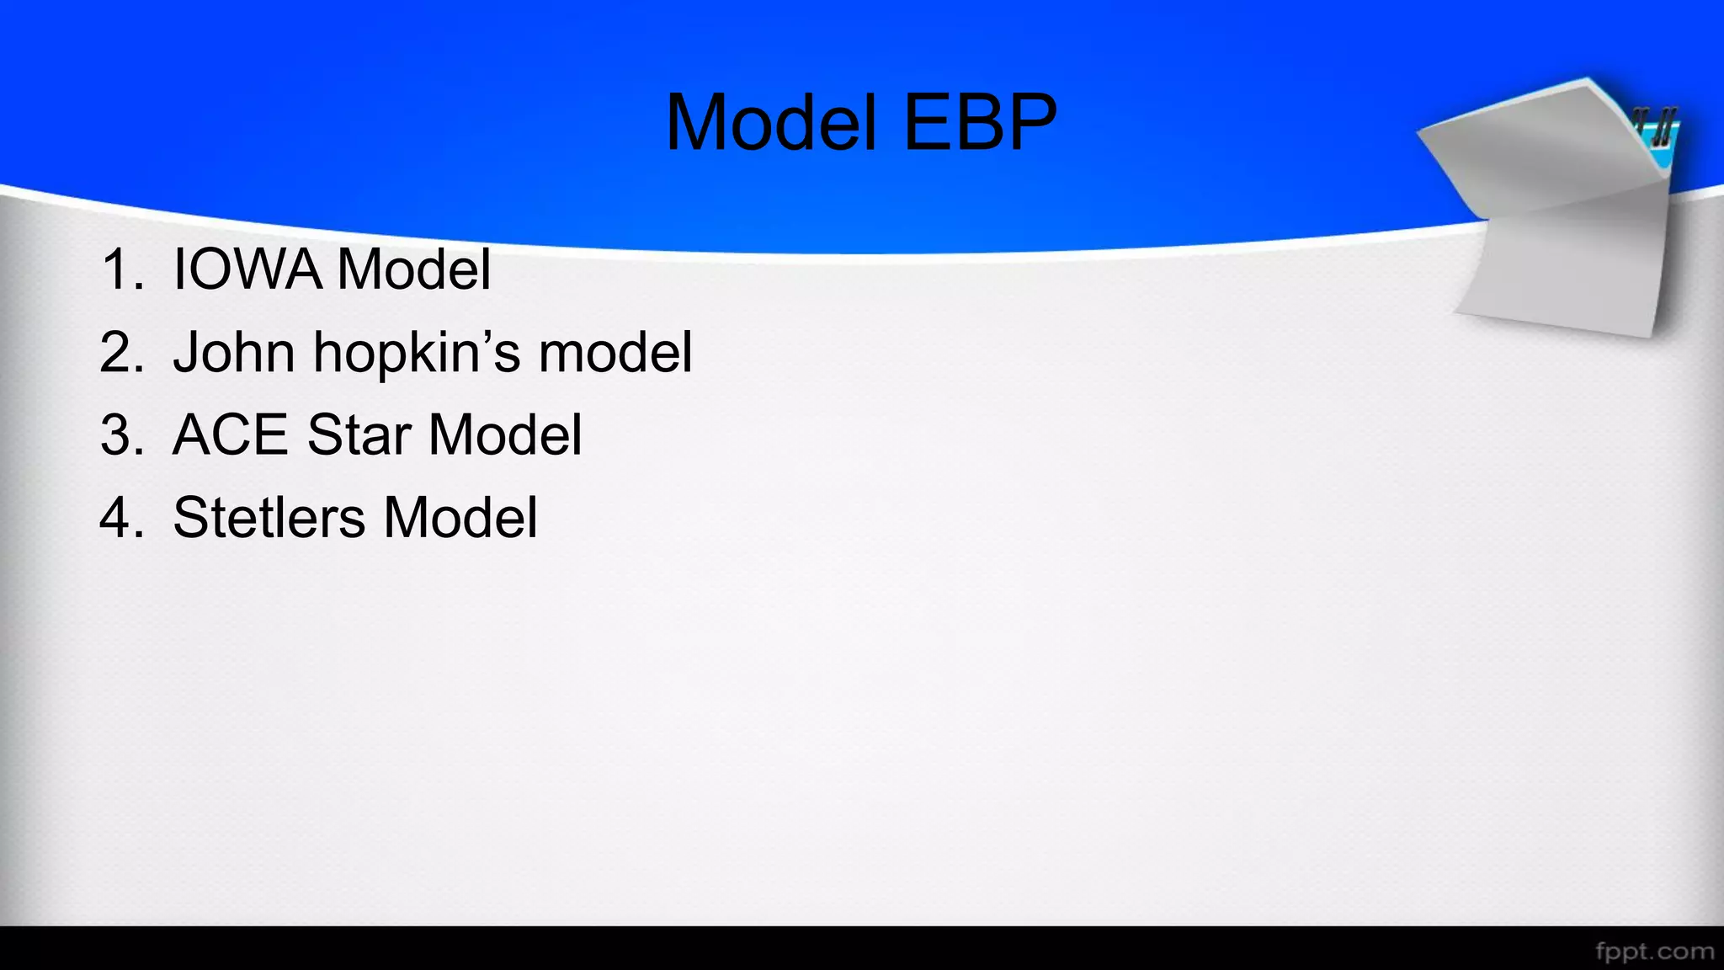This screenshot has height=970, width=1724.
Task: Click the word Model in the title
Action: (772, 123)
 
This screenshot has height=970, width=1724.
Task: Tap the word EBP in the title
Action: (980, 123)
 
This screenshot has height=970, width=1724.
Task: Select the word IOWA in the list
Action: (247, 269)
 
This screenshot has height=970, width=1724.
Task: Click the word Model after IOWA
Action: (413, 269)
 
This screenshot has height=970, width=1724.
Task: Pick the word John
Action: (234, 352)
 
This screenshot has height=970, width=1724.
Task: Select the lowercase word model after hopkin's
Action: (615, 352)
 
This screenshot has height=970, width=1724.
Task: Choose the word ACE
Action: (231, 434)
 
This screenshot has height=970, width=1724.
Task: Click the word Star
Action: (359, 434)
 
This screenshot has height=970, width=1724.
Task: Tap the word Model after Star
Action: (505, 434)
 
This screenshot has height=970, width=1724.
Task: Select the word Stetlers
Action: (269, 517)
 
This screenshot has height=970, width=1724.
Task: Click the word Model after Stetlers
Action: (460, 517)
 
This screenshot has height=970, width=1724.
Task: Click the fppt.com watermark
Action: (1654, 951)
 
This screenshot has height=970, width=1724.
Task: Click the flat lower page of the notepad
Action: (1566, 269)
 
